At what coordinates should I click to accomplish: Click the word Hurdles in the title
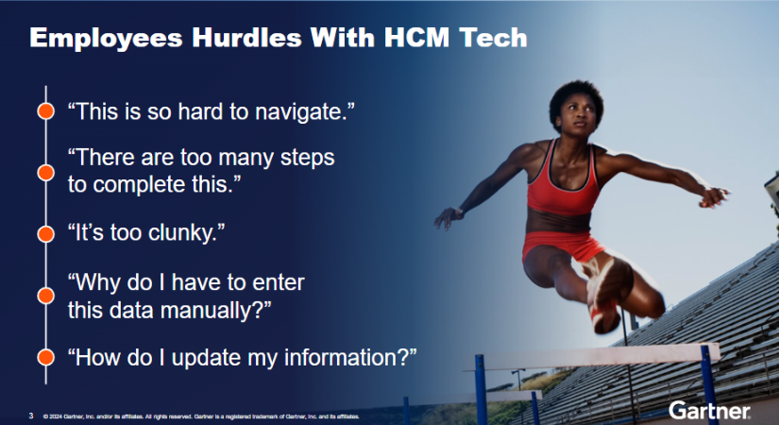246,37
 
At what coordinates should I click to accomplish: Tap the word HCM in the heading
416,37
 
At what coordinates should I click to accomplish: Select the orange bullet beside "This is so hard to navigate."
45,110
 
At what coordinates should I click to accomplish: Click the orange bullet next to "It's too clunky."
45,233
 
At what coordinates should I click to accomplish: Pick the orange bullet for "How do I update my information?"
45,357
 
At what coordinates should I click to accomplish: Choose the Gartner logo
709,411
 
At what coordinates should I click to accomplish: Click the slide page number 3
31,416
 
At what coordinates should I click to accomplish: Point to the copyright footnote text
201,416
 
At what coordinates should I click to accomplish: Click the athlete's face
577,118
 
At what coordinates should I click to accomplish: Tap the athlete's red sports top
563,181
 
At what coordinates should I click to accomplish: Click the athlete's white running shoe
602,294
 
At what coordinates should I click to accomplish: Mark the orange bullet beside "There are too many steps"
45,173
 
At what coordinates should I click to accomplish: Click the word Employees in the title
107,39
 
